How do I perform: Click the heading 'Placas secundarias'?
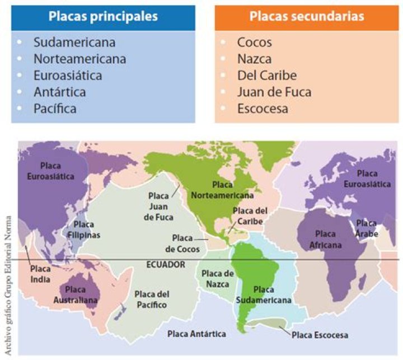click(x=306, y=17)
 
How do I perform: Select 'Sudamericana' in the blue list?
click(x=74, y=42)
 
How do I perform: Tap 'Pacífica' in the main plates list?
click(x=62, y=109)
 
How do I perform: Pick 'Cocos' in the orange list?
click(x=254, y=42)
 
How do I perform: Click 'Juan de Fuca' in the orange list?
click(x=274, y=92)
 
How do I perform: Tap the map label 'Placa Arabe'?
click(x=367, y=228)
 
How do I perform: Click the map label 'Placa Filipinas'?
click(x=85, y=230)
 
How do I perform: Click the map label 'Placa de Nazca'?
click(x=217, y=278)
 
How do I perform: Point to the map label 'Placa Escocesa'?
click(x=320, y=335)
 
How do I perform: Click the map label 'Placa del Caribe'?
click(x=249, y=216)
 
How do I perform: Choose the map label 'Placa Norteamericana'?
click(x=222, y=190)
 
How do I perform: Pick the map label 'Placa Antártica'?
click(x=197, y=334)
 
